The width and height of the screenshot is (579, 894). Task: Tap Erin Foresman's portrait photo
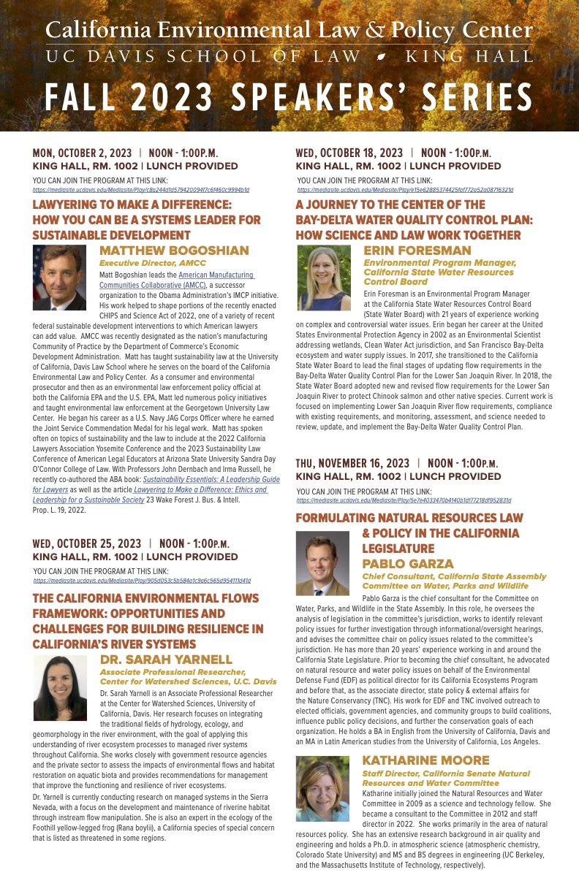pyautogui.click(x=324, y=278)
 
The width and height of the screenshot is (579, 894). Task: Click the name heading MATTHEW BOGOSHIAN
pyautogui.click(x=174, y=251)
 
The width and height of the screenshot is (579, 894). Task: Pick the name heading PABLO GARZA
pyautogui.click(x=408, y=564)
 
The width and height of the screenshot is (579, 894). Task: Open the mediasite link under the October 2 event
pyautogui.click(x=141, y=190)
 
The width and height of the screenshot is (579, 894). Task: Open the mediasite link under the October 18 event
pyautogui.click(x=405, y=190)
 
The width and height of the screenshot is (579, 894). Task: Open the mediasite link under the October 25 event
pyautogui.click(x=142, y=581)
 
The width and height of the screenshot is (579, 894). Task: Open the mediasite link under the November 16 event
pyautogui.click(x=404, y=501)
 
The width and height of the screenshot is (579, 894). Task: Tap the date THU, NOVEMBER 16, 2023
pyautogui.click(x=352, y=463)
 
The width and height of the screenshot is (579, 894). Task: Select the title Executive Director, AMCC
pyautogui.click(x=152, y=263)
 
